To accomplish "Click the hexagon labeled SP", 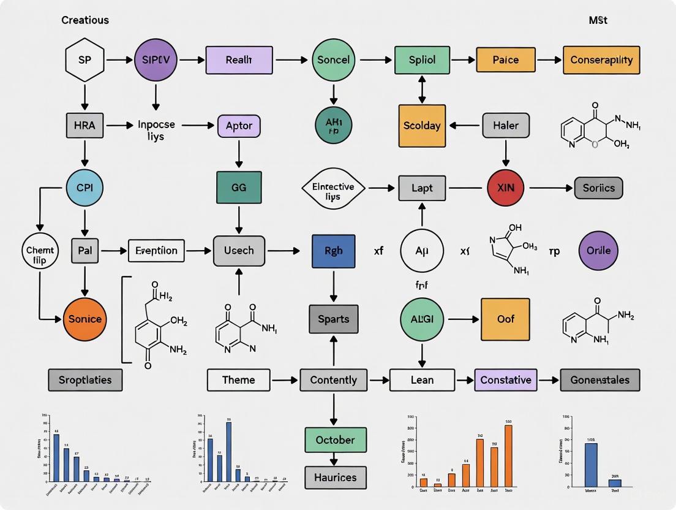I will click(85, 60).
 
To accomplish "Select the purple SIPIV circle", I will click(155, 60).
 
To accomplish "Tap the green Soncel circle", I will click(334, 60).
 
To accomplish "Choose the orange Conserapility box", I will click(601, 60).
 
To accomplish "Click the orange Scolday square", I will click(422, 126).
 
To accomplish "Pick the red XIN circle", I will click(506, 188).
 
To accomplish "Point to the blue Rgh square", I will click(333, 251).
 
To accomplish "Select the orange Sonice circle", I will click(85, 319).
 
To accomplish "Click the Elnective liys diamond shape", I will click(333, 188).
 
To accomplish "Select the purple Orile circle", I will click(598, 251).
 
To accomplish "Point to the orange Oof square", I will click(505, 319).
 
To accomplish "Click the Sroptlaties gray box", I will click(85, 380).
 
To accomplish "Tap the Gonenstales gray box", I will click(599, 380).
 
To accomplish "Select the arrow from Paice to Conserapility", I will click(548, 60).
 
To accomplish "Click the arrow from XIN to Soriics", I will click(550, 188).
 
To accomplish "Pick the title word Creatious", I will click(85, 20).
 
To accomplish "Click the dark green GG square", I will click(239, 188).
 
